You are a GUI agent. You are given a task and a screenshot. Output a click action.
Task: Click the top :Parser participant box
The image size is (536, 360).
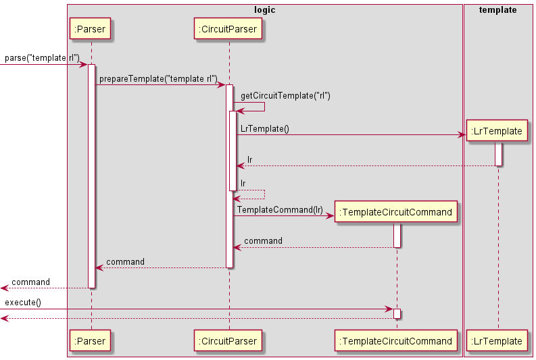pos(91,28)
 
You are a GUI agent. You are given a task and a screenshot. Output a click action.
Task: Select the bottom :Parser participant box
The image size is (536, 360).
pos(91,341)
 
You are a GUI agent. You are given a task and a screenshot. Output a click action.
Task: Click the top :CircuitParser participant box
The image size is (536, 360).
pos(228,28)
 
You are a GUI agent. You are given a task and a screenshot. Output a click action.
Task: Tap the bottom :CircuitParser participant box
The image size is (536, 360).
pos(228,341)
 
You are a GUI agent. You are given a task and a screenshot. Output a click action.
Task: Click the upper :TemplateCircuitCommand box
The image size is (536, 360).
pos(396,212)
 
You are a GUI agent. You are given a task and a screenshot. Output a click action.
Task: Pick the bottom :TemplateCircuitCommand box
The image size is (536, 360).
pos(396,341)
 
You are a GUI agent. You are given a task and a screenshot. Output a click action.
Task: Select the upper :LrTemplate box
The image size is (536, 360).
pos(498,131)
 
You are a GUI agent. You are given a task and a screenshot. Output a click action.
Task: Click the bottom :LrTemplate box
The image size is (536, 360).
pos(498,341)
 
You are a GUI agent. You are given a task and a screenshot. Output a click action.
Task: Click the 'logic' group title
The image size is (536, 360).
pos(264,10)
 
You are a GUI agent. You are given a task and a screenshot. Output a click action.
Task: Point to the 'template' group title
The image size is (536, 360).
pos(497,10)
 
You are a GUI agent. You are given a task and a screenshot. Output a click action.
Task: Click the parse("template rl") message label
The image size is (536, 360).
pos(42,58)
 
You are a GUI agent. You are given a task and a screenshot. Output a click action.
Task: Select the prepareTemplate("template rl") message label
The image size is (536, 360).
pos(158,79)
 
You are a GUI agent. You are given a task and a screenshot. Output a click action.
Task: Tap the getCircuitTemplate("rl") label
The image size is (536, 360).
pos(285,96)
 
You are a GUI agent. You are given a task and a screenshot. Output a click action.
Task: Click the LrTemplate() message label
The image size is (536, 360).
pos(264,128)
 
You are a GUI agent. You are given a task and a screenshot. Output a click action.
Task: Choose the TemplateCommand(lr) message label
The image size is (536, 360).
pos(280,210)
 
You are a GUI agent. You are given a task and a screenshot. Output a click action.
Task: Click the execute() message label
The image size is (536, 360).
pos(23,303)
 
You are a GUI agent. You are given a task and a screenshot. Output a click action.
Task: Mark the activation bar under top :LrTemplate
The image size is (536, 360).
pos(498,154)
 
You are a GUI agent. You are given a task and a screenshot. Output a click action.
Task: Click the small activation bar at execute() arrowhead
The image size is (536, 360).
pos(397,314)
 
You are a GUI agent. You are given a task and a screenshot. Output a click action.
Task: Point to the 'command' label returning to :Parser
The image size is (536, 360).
pos(125,261)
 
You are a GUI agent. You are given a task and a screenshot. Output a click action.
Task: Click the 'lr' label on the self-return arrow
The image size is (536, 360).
pos(243,183)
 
